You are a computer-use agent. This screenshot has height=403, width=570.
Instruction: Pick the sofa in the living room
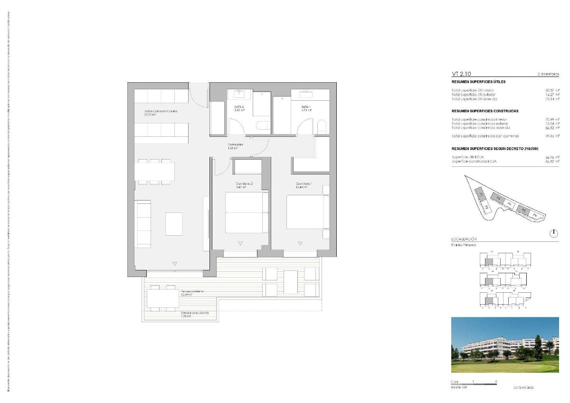tap(143, 223)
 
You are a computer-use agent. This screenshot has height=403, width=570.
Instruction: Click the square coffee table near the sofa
tap(174, 224)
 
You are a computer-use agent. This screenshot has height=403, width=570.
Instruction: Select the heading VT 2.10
tap(461, 74)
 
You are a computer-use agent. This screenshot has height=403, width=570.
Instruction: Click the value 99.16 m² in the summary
tap(552, 136)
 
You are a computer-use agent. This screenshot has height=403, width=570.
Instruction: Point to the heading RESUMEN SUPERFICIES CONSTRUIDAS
tap(484, 111)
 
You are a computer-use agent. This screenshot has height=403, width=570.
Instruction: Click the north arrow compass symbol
tap(554, 233)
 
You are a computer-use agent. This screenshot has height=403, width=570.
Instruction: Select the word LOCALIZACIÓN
tap(464, 239)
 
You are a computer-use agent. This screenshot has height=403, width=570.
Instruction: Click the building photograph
tap(505, 345)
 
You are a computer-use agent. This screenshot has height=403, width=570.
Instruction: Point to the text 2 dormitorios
tap(548, 75)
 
